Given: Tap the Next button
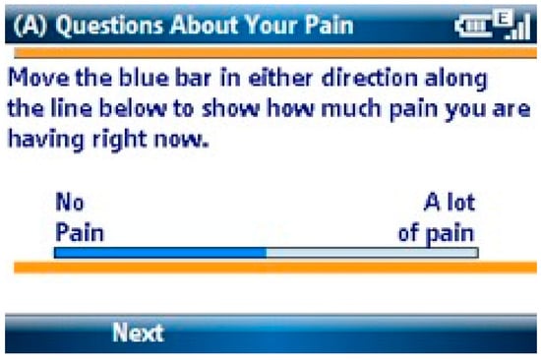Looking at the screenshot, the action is [138, 332].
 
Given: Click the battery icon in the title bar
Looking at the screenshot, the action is [473, 27].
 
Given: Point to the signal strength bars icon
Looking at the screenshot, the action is [517, 27].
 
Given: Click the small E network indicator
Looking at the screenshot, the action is [503, 18].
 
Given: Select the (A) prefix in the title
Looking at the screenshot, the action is [30, 26].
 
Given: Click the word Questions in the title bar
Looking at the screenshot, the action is [109, 26].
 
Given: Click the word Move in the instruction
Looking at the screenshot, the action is [38, 78].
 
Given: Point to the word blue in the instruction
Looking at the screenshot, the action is [145, 78].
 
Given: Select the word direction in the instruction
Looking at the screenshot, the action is [370, 78].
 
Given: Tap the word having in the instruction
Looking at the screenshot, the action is [46, 140].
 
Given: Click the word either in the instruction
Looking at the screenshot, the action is [280, 78].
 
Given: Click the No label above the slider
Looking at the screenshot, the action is [70, 202].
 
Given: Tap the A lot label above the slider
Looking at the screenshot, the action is [450, 202].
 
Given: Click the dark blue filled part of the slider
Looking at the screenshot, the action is [160, 253].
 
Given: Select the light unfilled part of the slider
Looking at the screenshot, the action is [372, 253].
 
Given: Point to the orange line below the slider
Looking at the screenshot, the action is [275, 268].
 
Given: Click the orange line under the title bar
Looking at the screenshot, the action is [275, 53].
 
